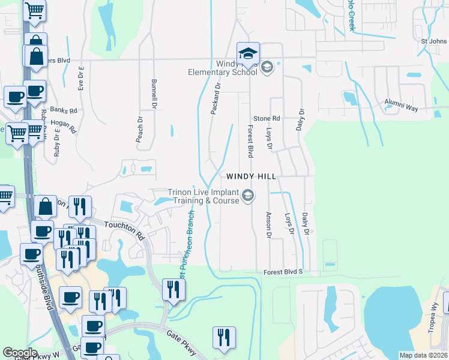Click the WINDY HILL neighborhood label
click(251, 176)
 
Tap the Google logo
click(20, 352)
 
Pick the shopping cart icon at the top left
click(35, 10)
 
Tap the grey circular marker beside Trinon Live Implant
click(248, 196)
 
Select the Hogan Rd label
click(64, 125)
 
